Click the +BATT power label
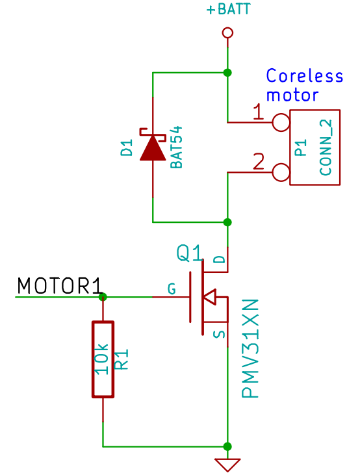(x=229, y=9)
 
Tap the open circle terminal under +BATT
(x=227, y=32)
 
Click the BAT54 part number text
(x=177, y=147)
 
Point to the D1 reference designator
(x=127, y=147)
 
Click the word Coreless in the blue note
(x=305, y=76)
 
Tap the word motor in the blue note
(x=292, y=95)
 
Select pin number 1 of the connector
(x=258, y=112)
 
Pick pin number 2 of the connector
(x=259, y=161)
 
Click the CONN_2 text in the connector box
(x=326, y=147)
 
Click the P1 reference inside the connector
(x=301, y=147)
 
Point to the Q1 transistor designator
(x=189, y=253)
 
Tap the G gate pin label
(x=172, y=289)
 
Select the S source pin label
(x=220, y=334)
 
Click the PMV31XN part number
(x=250, y=348)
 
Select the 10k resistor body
(x=103, y=359)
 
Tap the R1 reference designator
(x=122, y=359)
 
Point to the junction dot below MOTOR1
(x=103, y=297)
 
